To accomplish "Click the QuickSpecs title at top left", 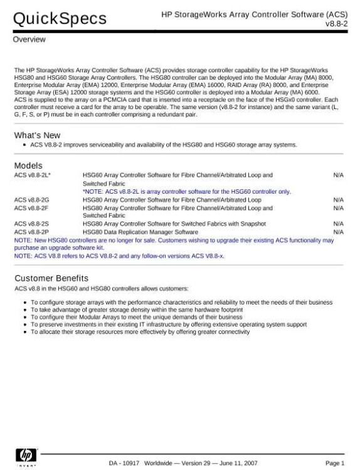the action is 60,19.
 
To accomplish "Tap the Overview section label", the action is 29,39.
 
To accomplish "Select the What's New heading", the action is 37,135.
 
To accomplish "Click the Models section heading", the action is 28,165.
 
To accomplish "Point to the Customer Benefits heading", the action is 51,278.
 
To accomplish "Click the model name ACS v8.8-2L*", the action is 32,175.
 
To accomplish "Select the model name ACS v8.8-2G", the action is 31,199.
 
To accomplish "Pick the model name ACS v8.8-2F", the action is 31,207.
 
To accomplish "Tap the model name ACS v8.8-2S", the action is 31,223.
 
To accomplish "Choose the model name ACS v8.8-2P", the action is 31,231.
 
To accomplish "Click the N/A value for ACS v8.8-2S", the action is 338,223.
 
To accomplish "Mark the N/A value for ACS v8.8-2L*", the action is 338,175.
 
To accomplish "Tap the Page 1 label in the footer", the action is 334,463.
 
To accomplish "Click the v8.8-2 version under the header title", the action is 337,23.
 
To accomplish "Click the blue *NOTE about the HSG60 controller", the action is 187,191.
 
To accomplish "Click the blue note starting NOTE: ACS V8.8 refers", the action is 117,256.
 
